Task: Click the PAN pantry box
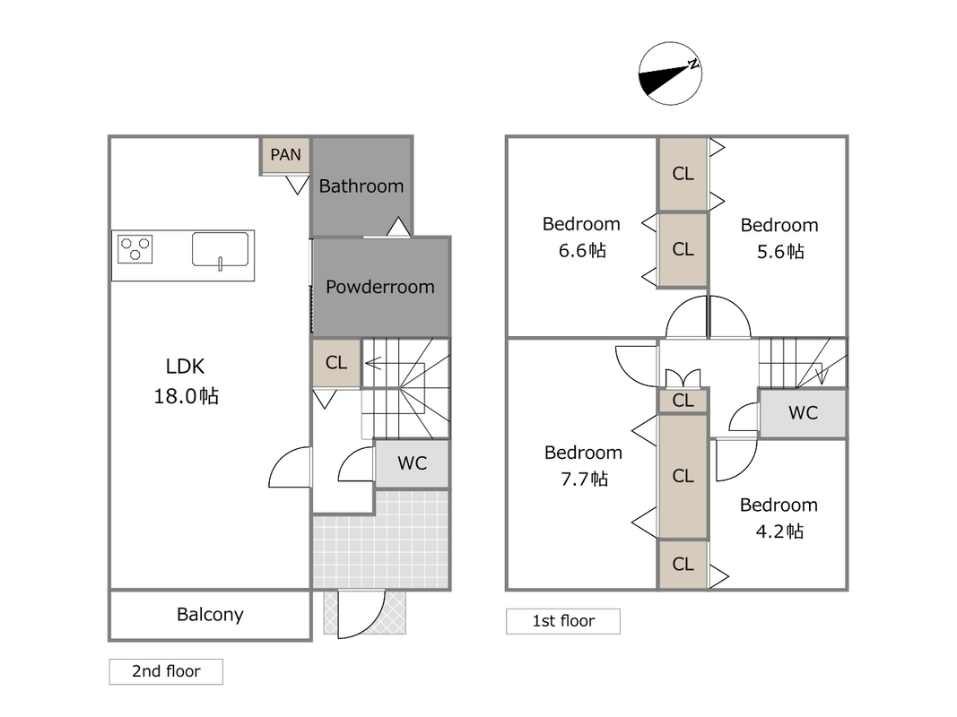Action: (285, 155)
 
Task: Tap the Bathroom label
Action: (361, 186)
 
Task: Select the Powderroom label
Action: (380, 287)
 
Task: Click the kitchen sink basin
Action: (220, 250)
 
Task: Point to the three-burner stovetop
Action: (135, 249)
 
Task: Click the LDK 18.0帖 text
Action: (186, 381)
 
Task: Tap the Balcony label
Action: (210, 615)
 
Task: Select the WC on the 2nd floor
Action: (412, 463)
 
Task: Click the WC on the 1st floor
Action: (803, 413)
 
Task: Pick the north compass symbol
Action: (670, 73)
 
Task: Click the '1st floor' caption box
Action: (562, 621)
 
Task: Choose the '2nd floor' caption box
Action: (166, 671)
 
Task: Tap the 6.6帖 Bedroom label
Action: (582, 238)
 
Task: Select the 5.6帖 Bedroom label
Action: (779, 238)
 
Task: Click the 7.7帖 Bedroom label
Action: (584, 466)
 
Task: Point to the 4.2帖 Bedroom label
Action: (779, 518)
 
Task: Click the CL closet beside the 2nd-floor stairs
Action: (336, 363)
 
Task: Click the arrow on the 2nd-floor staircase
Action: (373, 364)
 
